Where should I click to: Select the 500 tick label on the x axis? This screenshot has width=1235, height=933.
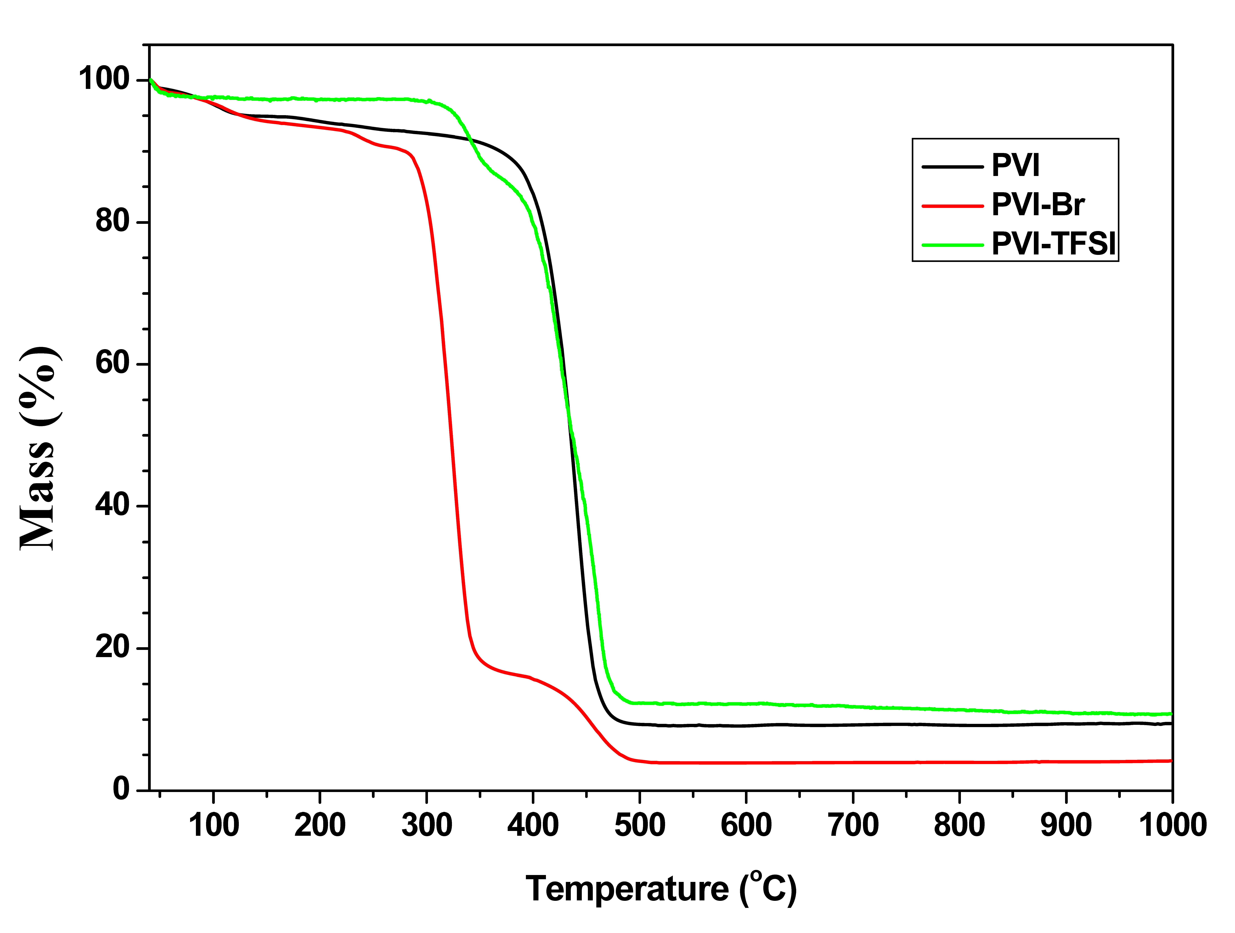point(640,825)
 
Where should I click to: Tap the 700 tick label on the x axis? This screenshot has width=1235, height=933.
point(853,825)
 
